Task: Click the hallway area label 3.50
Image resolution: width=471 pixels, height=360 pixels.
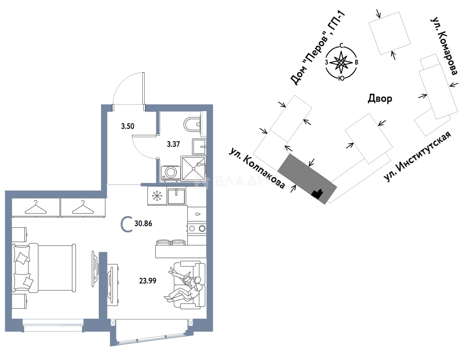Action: click(x=127, y=126)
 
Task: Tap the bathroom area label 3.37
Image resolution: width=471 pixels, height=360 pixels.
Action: click(x=173, y=144)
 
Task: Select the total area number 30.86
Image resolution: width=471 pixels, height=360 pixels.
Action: click(x=143, y=224)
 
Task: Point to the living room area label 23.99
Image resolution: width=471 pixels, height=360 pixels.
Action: click(x=148, y=281)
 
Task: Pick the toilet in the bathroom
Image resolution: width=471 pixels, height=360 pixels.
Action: click(x=192, y=124)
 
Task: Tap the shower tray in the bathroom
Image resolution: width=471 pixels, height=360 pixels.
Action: click(x=193, y=168)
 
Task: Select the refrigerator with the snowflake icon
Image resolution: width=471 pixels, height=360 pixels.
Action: click(x=157, y=196)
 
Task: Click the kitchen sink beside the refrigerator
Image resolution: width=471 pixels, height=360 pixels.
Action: click(x=176, y=196)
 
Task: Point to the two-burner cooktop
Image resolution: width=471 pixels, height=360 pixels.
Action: click(x=197, y=228)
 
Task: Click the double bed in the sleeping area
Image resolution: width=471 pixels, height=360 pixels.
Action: click(x=44, y=268)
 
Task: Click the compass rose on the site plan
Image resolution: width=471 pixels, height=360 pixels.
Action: click(x=341, y=62)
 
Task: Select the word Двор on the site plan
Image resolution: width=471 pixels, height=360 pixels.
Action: click(x=380, y=99)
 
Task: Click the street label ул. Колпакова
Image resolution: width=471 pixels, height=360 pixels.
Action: click(x=257, y=168)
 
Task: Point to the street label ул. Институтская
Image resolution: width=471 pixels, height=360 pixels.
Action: click(x=418, y=156)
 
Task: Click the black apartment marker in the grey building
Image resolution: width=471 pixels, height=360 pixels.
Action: click(x=317, y=194)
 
